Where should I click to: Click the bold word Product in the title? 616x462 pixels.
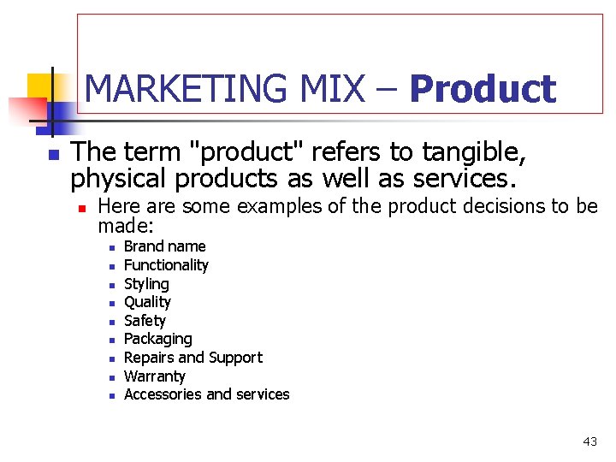click(483, 90)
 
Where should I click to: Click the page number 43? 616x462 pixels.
click(589, 441)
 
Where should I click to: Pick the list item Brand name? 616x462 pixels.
click(165, 246)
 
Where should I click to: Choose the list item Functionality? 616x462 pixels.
click(166, 265)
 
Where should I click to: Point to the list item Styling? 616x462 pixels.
click(146, 284)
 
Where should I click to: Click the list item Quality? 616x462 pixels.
click(147, 302)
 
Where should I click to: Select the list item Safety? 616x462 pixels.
click(145, 321)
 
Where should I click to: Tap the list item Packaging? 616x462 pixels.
click(157, 339)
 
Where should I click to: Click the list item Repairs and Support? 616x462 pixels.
click(193, 358)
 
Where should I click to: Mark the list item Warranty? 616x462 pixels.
click(154, 376)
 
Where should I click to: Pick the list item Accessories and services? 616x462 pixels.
click(206, 394)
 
